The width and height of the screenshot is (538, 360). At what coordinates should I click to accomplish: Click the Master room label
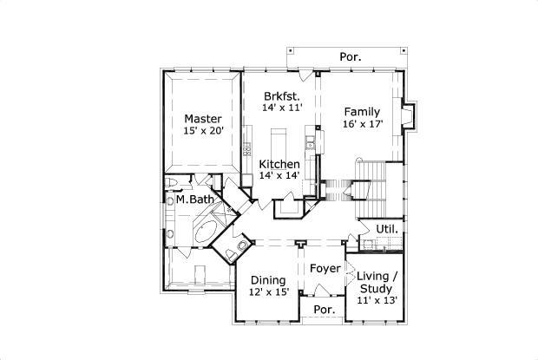pyautogui.click(x=203, y=119)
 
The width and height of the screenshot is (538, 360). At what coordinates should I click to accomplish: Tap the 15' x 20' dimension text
pyautogui.click(x=203, y=131)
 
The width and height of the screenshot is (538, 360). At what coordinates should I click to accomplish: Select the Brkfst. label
pyautogui.click(x=282, y=95)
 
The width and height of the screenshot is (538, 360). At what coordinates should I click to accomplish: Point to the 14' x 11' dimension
pyautogui.click(x=281, y=108)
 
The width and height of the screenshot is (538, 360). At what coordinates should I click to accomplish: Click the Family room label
pyautogui.click(x=361, y=112)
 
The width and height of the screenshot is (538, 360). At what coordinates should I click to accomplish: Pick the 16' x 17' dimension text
pyautogui.click(x=361, y=124)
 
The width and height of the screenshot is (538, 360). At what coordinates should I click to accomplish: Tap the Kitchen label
pyautogui.click(x=279, y=164)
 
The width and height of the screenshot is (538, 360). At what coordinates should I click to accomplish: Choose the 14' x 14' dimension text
pyautogui.click(x=279, y=175)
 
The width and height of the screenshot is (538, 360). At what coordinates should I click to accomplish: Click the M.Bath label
pyautogui.click(x=194, y=200)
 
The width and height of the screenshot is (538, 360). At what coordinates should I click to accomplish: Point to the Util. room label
pyautogui.click(x=387, y=229)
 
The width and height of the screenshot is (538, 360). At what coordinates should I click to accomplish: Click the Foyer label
pyautogui.click(x=325, y=268)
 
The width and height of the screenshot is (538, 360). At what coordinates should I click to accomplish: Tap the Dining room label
pyautogui.click(x=269, y=280)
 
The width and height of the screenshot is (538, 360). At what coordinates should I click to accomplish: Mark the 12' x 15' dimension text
pyautogui.click(x=269, y=292)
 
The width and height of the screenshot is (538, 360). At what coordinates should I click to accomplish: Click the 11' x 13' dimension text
pyautogui.click(x=377, y=300)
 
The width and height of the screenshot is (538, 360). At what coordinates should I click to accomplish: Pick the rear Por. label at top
pyautogui.click(x=351, y=57)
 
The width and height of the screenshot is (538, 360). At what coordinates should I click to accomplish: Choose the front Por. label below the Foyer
pyautogui.click(x=324, y=310)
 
